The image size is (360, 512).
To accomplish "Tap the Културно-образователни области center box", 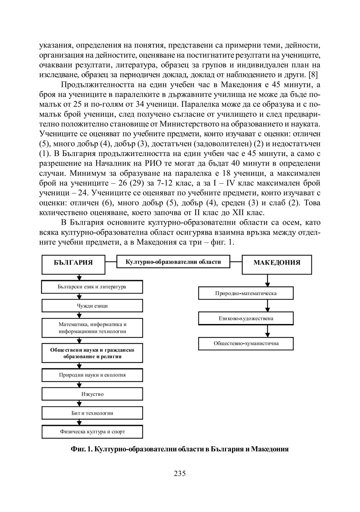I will coord(173,262).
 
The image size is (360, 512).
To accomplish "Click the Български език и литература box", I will coord(92,287).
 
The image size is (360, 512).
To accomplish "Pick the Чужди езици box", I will coord(92,306).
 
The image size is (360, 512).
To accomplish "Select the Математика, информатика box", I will coord(92,328).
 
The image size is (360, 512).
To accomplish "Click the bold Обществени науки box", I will coord(92,353).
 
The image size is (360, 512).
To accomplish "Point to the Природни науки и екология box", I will coord(92,375).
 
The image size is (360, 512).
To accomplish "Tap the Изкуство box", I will coord(92,394).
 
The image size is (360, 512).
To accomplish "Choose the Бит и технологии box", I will coord(92,413).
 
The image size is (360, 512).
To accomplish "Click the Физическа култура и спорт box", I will coord(92,432).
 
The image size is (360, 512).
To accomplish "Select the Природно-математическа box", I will coord(246,293).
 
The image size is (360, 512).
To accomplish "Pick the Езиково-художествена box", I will coord(246,318).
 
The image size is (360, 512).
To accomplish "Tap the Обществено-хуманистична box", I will coord(246,343).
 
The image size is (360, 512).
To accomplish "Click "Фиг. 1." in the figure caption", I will coord(82,449).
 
